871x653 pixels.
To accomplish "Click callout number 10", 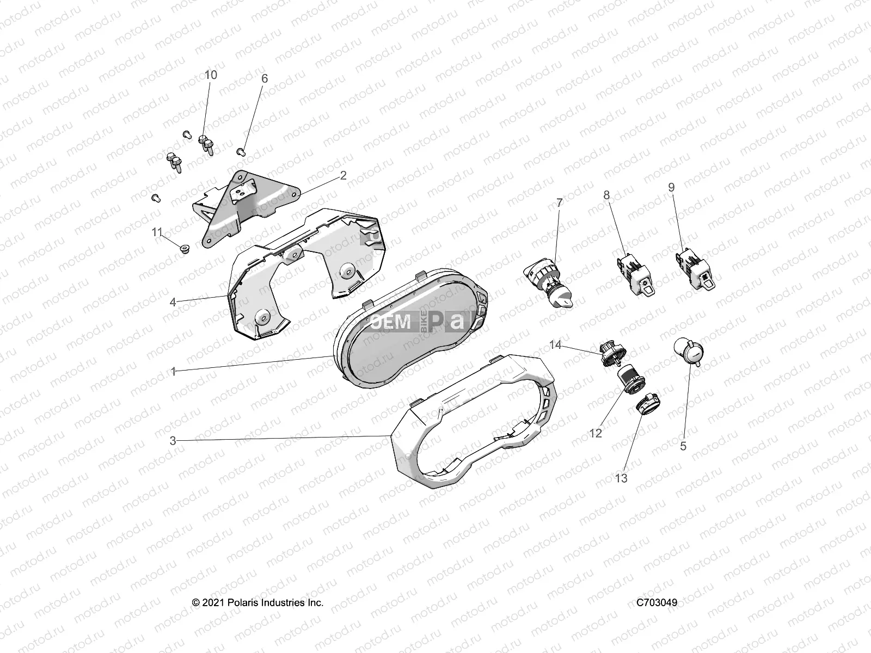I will [x=210, y=75].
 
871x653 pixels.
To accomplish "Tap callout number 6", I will [x=265, y=78].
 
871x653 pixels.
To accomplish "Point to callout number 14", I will [x=555, y=344].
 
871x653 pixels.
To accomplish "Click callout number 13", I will [x=621, y=478].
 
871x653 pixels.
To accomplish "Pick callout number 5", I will [x=683, y=446].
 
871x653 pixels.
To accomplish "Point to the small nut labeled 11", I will [x=186, y=249].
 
